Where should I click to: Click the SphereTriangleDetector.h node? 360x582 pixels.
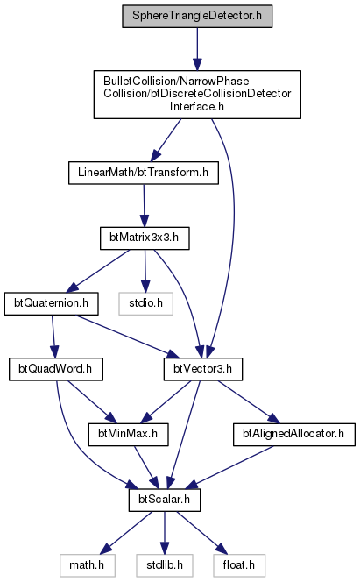coord(197,17)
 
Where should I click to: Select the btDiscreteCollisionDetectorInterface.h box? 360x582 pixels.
coord(197,95)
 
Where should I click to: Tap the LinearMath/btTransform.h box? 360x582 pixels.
coord(144,173)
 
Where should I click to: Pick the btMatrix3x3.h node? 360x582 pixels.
coord(145,238)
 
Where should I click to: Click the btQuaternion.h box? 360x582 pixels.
coord(52,303)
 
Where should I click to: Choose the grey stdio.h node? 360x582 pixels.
coord(145,303)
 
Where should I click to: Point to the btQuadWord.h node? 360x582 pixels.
coord(56,369)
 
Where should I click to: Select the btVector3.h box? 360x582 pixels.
coord(203,369)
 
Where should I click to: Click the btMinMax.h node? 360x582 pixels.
coord(128,434)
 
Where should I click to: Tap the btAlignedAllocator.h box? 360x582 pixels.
coord(294,434)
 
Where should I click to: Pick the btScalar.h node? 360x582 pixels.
coord(165,500)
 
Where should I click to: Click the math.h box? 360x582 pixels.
coord(87,565)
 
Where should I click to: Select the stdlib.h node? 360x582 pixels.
coord(165,565)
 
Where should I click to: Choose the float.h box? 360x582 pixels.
coord(239,565)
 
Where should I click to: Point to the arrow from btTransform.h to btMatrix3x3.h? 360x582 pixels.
coord(145,205)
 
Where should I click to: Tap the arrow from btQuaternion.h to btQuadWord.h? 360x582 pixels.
coord(53,337)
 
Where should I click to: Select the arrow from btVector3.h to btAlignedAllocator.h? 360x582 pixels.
coord(249,401)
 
